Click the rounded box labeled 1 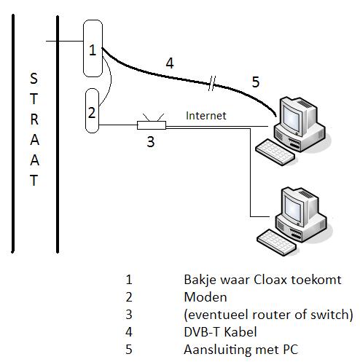pos(92,48)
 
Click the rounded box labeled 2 pos(92,111)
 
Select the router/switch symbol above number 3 pos(152,125)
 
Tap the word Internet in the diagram pos(206,115)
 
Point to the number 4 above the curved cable pos(170,63)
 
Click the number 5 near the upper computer pos(255,82)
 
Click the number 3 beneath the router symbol pos(151,142)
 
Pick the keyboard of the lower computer pos(278,237)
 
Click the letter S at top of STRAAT pos(34,77)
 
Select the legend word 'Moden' pos(206,297)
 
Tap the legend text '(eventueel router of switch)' pos(268,315)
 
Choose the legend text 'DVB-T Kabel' pos(222,332)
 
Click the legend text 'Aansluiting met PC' pos(241,350)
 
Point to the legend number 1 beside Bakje pos(129,280)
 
